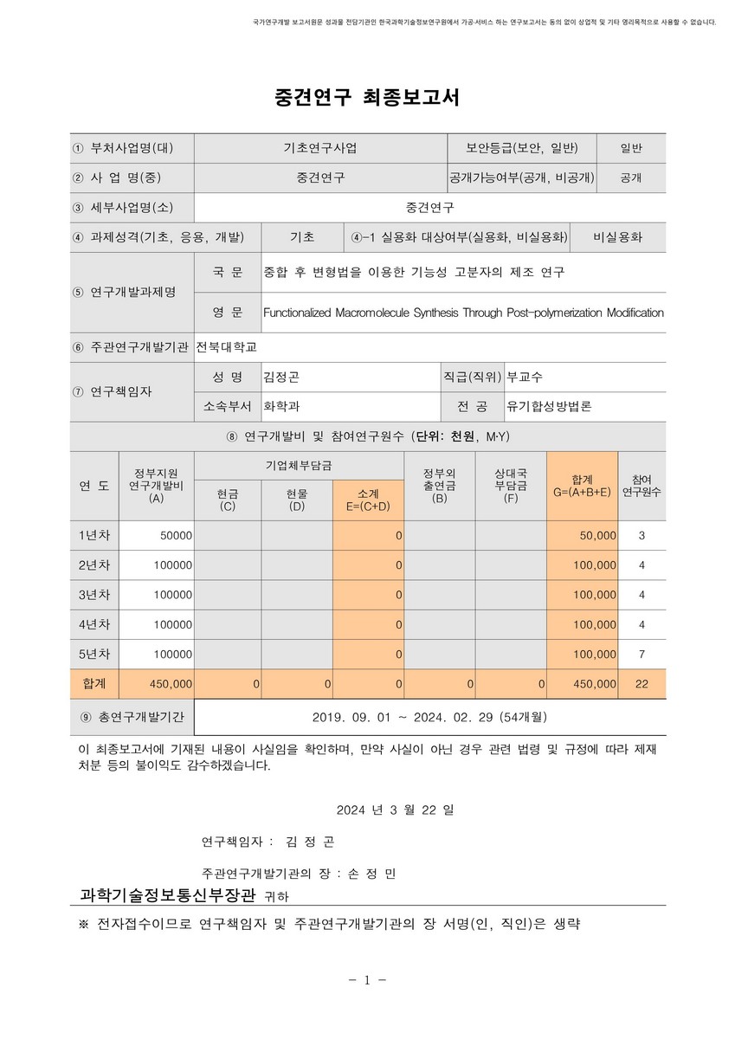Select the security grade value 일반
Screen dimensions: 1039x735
[631, 148]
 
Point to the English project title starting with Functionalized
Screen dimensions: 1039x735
[463, 312]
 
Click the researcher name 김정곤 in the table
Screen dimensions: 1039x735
[281, 378]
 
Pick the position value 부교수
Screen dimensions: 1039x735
[525, 378]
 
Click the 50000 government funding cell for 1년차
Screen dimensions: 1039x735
[177, 536]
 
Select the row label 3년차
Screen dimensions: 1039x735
[94, 595]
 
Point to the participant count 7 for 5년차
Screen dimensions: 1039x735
[642, 654]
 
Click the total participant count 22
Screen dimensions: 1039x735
[642, 684]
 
